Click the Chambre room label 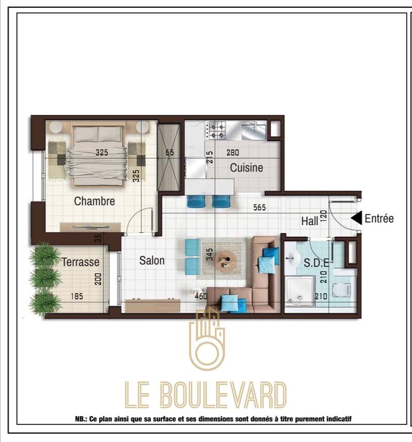pyautogui.click(x=94, y=201)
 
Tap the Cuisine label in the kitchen pyautogui.click(x=247, y=168)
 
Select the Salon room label pyautogui.click(x=152, y=260)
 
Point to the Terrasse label pyautogui.click(x=81, y=262)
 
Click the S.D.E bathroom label pyautogui.click(x=316, y=263)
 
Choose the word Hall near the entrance pyautogui.click(x=310, y=222)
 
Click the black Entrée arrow pyautogui.click(x=356, y=218)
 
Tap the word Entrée pyautogui.click(x=379, y=218)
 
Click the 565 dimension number pyautogui.click(x=259, y=208)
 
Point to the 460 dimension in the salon pyautogui.click(x=201, y=296)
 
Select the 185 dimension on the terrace pyautogui.click(x=77, y=296)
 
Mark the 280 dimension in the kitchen pyautogui.click(x=233, y=152)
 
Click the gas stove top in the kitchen pyautogui.click(x=216, y=130)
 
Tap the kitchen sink pyautogui.click(x=254, y=130)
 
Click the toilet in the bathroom pyautogui.click(x=342, y=290)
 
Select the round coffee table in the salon pyautogui.click(x=226, y=260)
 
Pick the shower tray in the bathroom pyautogui.click(x=299, y=291)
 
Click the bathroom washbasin pyautogui.click(x=293, y=257)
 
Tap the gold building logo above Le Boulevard pyautogui.click(x=207, y=339)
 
